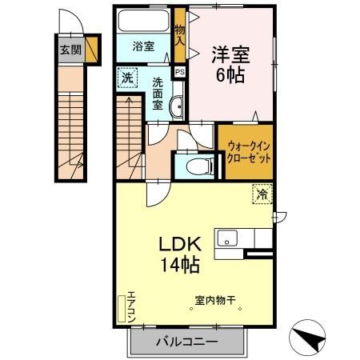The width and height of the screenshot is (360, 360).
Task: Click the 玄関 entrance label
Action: (x=70, y=49)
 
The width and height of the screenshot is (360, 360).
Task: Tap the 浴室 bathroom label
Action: (x=143, y=46)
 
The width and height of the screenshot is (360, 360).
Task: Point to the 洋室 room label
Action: (x=230, y=54)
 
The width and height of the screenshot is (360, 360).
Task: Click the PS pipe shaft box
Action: (x=180, y=70)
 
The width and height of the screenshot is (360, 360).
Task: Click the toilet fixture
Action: (x=199, y=166)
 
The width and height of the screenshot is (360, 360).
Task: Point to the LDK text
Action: (x=184, y=242)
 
